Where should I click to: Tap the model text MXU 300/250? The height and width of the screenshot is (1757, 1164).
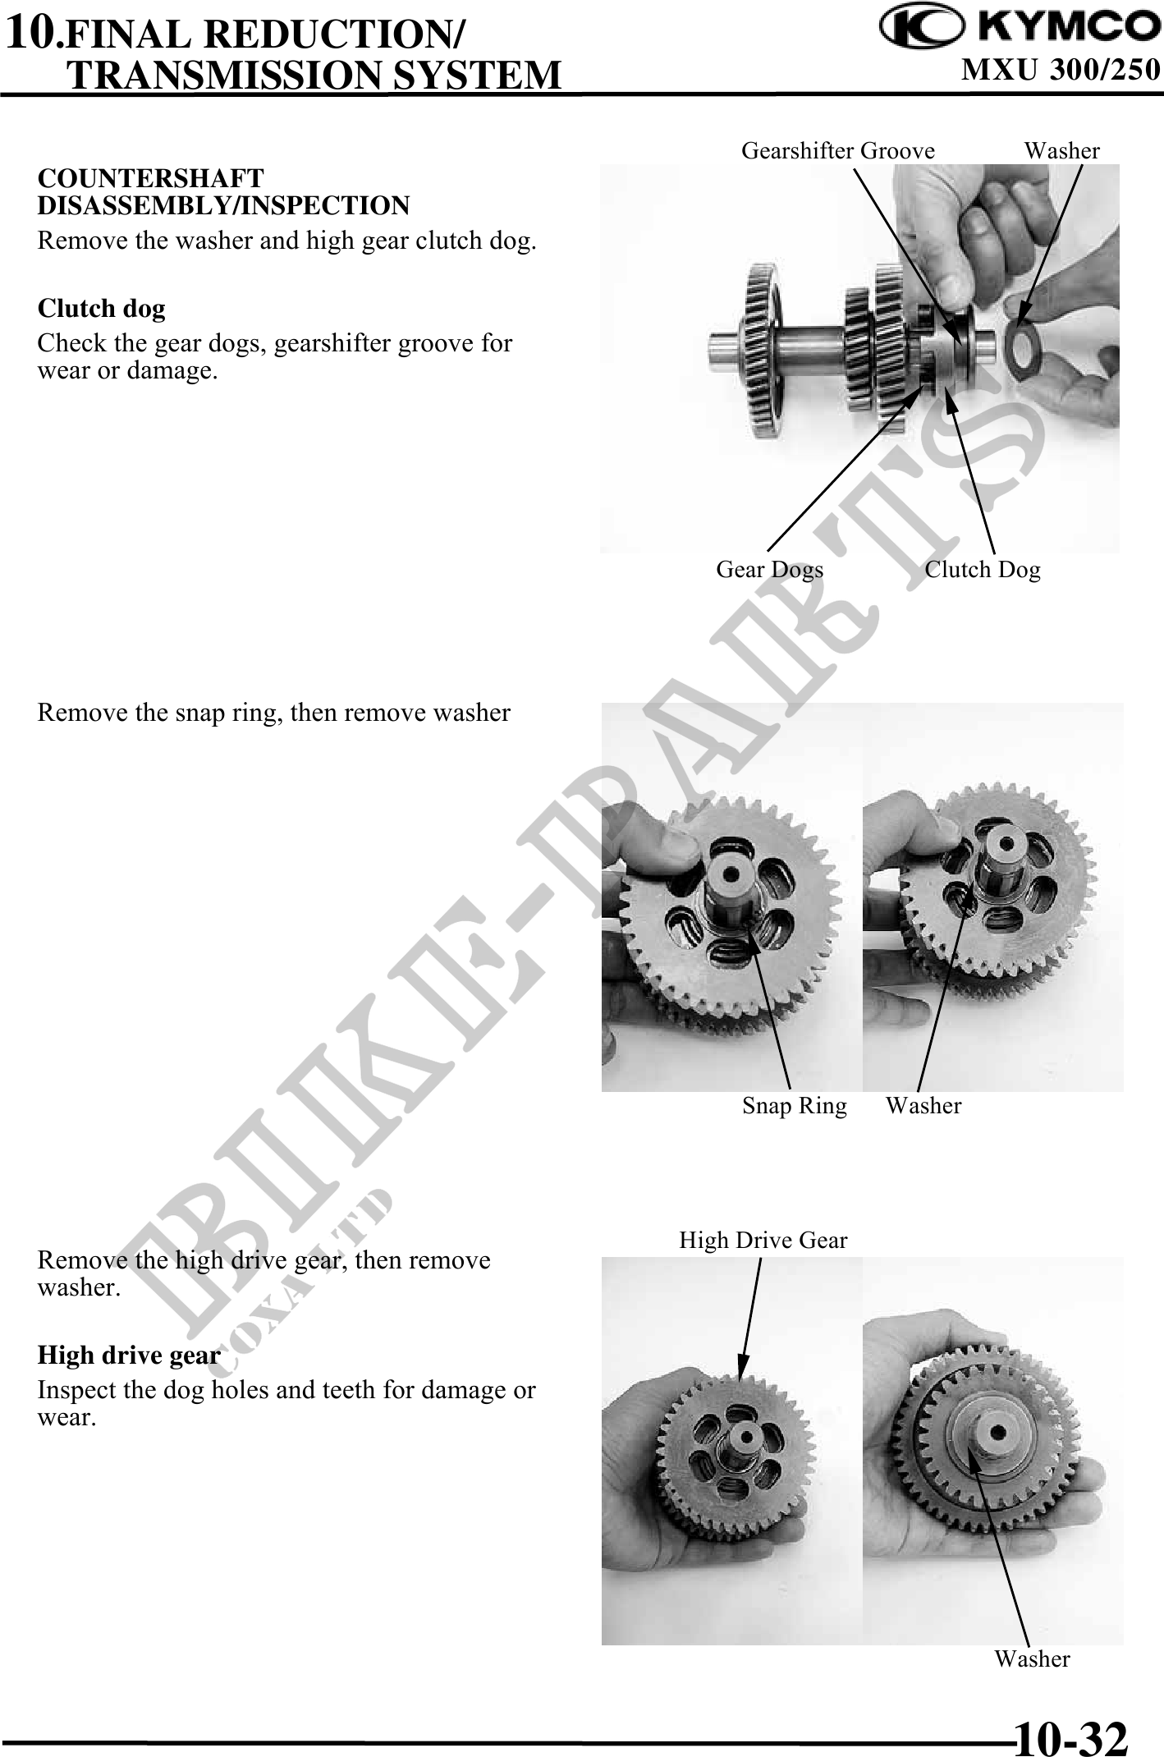pyautogui.click(x=1061, y=70)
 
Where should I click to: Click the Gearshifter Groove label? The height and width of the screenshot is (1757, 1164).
pyautogui.click(x=838, y=150)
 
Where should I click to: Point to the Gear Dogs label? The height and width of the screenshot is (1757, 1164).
pyautogui.click(x=769, y=569)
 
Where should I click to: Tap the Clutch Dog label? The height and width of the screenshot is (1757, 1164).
pyautogui.click(x=983, y=569)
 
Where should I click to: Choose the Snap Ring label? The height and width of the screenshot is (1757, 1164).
pyautogui.click(x=794, y=1106)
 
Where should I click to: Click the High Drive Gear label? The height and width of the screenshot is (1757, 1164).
pyautogui.click(x=763, y=1240)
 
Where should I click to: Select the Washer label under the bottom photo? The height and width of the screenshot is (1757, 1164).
pyautogui.click(x=1032, y=1658)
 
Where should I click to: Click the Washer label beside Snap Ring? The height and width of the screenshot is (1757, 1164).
pyautogui.click(x=923, y=1105)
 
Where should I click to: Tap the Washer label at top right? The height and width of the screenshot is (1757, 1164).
pyautogui.click(x=1061, y=150)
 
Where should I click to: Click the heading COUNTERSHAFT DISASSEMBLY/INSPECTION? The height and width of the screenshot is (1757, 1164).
pyautogui.click(x=223, y=191)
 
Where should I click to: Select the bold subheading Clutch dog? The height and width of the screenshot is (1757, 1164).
pyautogui.click(x=102, y=308)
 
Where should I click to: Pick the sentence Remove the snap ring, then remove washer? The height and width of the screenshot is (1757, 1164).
pyautogui.click(x=273, y=713)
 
